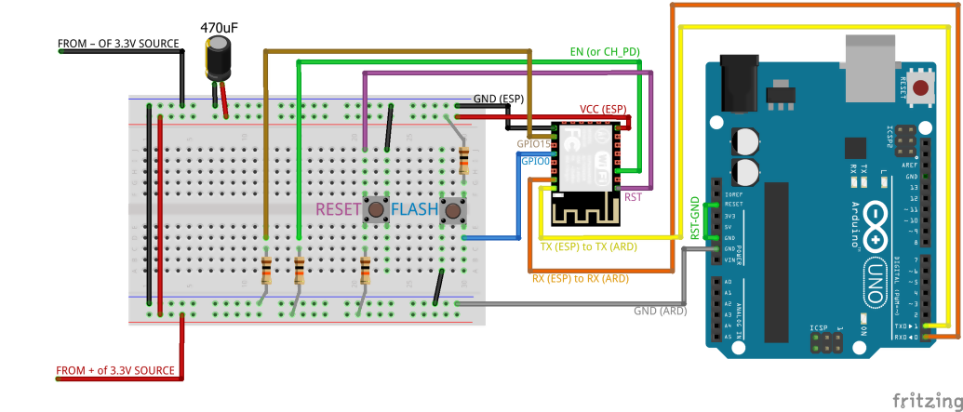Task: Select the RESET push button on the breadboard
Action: click(x=376, y=209)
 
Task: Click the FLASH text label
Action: click(x=414, y=210)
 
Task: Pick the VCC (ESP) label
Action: click(x=603, y=108)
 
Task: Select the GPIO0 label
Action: click(x=534, y=161)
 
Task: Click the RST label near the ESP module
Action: click(x=633, y=196)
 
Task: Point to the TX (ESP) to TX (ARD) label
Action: click(x=589, y=247)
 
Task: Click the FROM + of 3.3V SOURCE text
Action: click(x=115, y=371)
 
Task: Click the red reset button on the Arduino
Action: click(x=920, y=89)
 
